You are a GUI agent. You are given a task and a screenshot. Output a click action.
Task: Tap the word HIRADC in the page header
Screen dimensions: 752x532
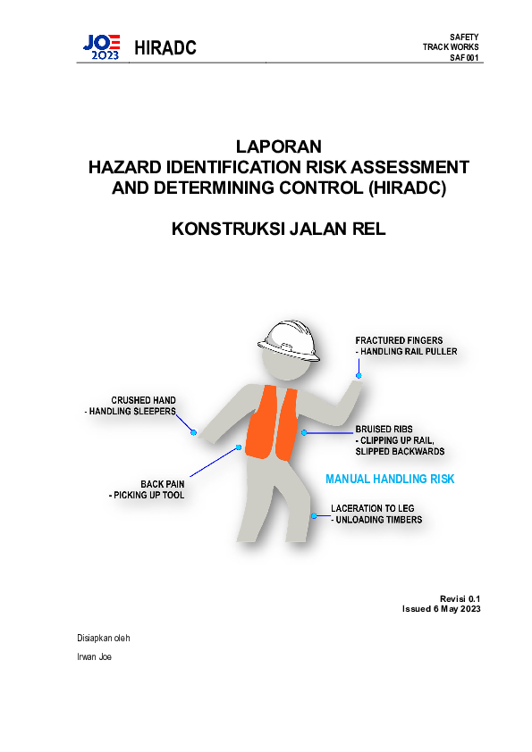tap(165, 47)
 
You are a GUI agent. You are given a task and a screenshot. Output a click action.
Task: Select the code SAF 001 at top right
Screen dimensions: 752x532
tap(465, 57)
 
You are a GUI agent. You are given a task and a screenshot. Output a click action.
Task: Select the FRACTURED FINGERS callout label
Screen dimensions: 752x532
tap(400, 340)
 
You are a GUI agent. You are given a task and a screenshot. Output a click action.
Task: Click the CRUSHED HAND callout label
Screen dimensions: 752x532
tap(143, 400)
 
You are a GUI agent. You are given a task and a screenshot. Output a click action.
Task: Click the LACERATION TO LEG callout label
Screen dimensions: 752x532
tap(372, 507)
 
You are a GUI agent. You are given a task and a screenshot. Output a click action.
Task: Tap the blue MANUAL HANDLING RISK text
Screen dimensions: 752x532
tap(390, 480)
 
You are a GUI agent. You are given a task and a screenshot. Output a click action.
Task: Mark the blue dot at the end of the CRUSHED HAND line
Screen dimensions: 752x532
tap(193, 432)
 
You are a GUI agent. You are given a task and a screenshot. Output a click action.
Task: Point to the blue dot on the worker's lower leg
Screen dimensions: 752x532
tap(313, 516)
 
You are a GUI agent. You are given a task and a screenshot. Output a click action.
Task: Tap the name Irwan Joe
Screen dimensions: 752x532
tap(95, 657)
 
